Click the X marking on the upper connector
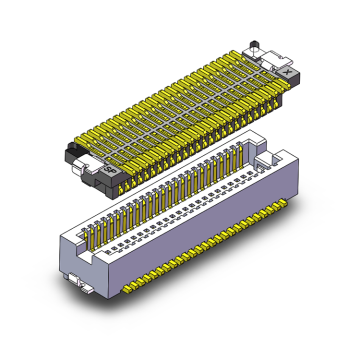click(x=288, y=72)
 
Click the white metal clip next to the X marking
click(x=270, y=61)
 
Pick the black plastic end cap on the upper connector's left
click(x=75, y=151)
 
